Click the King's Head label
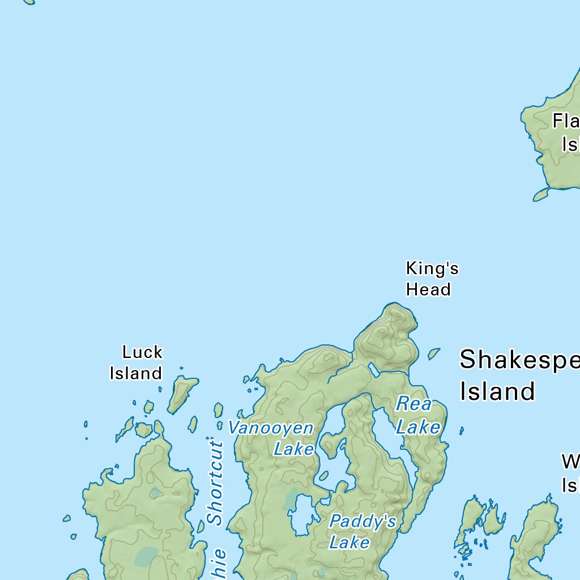432,279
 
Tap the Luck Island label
137,362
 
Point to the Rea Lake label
417,416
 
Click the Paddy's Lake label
362,531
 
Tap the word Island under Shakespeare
497,391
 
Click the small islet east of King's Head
434,353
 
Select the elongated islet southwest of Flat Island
541,195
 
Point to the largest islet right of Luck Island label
182,394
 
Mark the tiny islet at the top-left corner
29,2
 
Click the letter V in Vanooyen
233,428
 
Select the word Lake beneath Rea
418,427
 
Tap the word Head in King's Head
428,289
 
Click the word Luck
142,352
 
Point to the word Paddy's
362,521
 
